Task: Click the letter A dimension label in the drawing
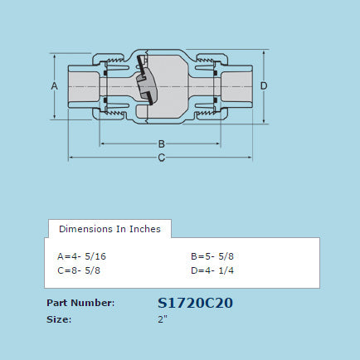[x=54, y=86]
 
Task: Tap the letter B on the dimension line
[x=161, y=143]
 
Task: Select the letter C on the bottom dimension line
[x=161, y=157]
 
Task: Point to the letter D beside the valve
[x=264, y=86]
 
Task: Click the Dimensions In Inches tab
[x=109, y=228]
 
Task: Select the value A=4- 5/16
[x=81, y=255]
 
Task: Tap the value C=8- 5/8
[x=79, y=270]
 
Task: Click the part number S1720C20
[x=195, y=303]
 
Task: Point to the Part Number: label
[x=80, y=303]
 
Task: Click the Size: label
[x=59, y=319]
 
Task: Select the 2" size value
[x=163, y=319]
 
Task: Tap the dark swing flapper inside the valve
[x=146, y=87]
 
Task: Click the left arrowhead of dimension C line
[x=71, y=157]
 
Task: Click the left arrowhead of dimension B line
[x=104, y=143]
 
